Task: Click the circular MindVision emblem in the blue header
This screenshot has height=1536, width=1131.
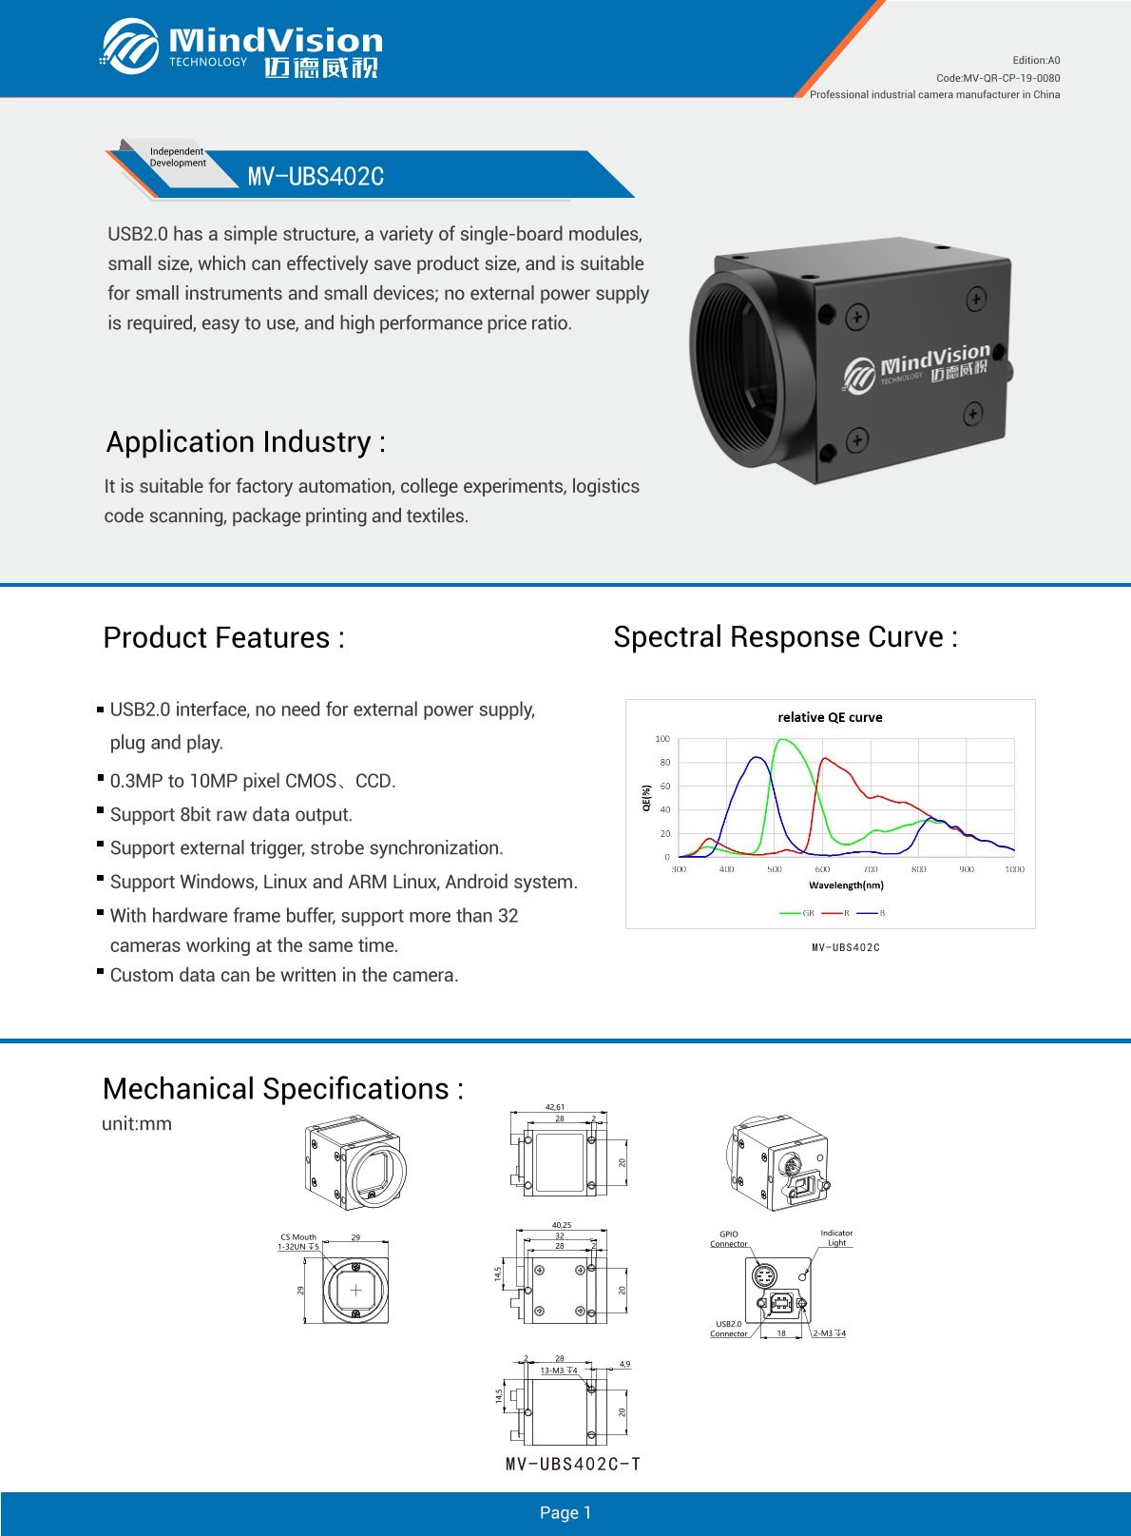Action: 130,46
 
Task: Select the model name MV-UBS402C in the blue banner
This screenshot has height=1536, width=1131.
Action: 316,177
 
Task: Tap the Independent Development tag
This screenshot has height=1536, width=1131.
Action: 177,157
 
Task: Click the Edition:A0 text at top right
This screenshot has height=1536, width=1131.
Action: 1036,60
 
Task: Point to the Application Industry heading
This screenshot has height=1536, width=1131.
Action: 246,442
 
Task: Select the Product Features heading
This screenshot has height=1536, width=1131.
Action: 223,637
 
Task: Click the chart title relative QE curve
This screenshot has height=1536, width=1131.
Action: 830,717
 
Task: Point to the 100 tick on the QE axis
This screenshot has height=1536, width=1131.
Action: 662,739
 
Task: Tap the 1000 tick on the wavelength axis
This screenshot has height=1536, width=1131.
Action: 1014,869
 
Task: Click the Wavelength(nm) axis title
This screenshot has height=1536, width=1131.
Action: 846,885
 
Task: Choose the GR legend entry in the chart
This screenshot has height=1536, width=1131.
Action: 797,913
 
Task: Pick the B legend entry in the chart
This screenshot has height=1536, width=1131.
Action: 872,913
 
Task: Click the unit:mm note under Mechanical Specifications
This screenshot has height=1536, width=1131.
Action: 137,1124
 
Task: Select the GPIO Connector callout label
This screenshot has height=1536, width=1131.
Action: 729,1238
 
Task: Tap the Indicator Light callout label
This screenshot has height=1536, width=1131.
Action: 836,1237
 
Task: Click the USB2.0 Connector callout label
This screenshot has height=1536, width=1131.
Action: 729,1329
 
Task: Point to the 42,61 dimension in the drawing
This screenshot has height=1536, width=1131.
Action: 555,1107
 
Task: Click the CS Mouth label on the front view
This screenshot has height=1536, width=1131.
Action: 298,1237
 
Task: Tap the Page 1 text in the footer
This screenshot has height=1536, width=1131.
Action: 565,1513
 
